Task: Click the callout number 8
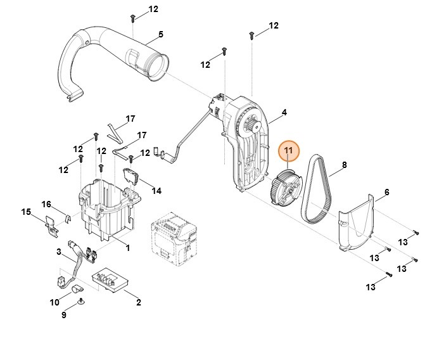pos(344,165)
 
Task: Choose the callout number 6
pos(386,192)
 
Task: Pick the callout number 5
pos(161,34)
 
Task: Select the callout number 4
pos(284,113)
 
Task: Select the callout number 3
pos(59,252)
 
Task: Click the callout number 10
pos(55,302)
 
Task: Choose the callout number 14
pos(156,190)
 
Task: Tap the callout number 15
pos(26,211)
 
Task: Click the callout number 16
pos(46,203)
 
